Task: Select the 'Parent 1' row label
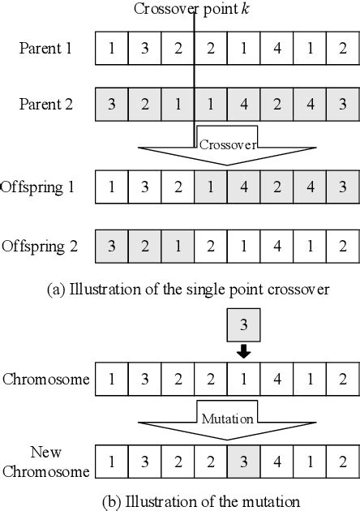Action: click(x=46, y=49)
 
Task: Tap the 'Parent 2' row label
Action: click(x=46, y=104)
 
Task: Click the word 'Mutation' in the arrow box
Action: click(x=228, y=420)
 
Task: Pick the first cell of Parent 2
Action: click(x=112, y=105)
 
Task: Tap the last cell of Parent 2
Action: click(x=343, y=105)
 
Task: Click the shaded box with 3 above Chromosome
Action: click(x=244, y=324)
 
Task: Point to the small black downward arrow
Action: click(x=244, y=353)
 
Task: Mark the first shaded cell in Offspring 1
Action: click(x=211, y=187)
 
